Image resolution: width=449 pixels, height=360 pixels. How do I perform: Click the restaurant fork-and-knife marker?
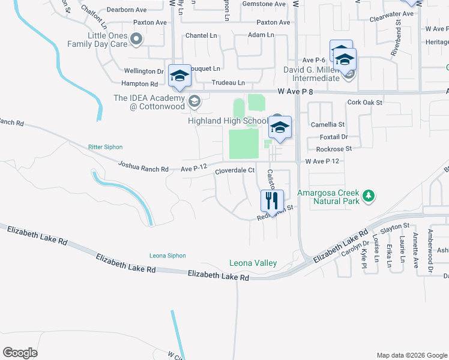(272, 201)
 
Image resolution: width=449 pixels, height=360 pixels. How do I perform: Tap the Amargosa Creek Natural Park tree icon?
(370, 196)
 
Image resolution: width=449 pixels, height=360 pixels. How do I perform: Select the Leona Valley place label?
(253, 263)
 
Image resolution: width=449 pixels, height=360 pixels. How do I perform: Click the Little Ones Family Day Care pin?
(136, 40)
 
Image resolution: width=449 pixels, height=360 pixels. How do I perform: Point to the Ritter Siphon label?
(105, 146)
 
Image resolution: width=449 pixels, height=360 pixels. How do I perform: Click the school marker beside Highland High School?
(280, 128)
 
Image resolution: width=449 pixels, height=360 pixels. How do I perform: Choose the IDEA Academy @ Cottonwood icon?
(194, 102)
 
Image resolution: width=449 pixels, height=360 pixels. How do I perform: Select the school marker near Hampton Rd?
(179, 76)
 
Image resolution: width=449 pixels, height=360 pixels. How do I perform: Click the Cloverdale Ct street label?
(235, 171)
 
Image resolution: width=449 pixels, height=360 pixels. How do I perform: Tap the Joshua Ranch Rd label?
(143, 166)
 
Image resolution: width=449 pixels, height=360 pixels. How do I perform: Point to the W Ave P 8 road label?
(301, 92)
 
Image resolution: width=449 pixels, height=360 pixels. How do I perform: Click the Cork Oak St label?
(364, 103)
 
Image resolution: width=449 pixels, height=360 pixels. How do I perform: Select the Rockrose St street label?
(333, 148)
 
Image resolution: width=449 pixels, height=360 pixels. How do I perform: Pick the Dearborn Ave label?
(127, 10)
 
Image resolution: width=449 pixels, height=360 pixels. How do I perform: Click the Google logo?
(20, 353)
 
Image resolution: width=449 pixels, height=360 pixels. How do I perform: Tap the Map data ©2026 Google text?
(411, 355)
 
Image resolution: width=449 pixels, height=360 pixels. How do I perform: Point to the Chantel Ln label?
(201, 36)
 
